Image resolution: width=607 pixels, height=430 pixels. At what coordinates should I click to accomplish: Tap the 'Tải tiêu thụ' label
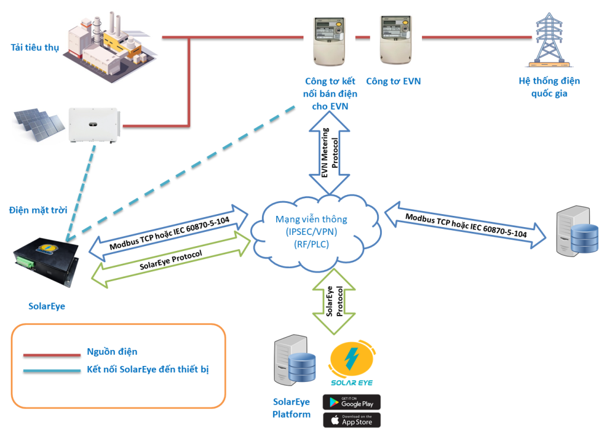point(35,47)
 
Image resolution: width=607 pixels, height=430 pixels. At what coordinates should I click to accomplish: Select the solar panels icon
point(39,124)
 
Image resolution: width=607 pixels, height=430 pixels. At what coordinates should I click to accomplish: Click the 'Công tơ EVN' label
point(393,81)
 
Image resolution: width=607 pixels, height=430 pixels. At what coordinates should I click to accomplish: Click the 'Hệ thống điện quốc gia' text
point(549,87)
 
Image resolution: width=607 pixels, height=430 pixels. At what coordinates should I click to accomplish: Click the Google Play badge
point(352,402)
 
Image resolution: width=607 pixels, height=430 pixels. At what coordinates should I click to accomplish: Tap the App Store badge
point(352,420)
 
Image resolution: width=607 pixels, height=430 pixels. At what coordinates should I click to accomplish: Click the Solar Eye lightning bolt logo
point(352,358)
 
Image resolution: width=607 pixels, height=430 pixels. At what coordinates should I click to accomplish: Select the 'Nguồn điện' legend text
point(112,352)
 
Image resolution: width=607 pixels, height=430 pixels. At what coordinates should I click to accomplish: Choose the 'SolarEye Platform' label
point(292,408)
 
